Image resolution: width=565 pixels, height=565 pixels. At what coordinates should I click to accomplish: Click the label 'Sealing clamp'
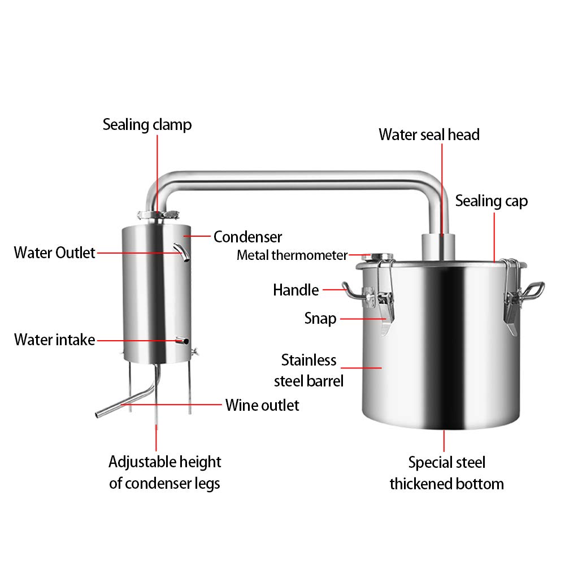(x=147, y=124)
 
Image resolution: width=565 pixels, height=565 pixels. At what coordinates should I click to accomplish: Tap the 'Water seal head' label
(x=429, y=134)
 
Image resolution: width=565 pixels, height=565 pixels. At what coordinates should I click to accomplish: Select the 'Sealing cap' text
(x=492, y=201)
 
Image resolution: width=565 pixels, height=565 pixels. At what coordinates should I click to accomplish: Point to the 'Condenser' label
(x=247, y=237)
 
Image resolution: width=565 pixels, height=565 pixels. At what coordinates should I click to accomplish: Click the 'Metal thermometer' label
(x=292, y=255)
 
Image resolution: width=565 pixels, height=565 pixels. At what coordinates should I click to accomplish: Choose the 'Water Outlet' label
(x=54, y=252)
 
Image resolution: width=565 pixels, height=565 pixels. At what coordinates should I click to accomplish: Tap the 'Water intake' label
(x=54, y=340)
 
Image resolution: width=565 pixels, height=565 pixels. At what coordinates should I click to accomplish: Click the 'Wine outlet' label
(x=262, y=405)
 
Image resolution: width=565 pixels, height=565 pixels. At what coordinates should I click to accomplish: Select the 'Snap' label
(x=320, y=318)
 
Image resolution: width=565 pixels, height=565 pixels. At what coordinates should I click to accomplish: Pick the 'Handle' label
(x=295, y=290)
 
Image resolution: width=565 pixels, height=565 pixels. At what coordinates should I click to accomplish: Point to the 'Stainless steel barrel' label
(x=309, y=370)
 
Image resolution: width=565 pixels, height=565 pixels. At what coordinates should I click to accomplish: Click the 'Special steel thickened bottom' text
(x=446, y=473)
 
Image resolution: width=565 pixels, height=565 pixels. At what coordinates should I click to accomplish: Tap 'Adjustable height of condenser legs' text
(x=164, y=472)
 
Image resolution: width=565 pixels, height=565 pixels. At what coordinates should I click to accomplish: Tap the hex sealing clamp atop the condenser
(x=158, y=216)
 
